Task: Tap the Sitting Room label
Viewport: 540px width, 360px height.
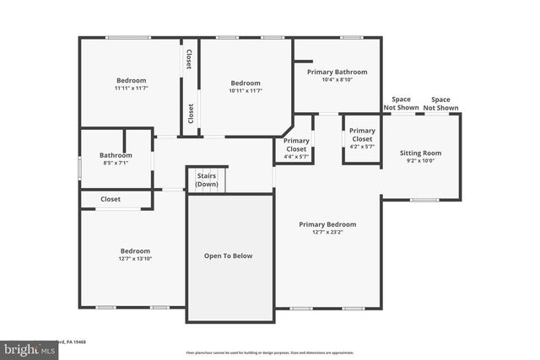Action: click(420, 153)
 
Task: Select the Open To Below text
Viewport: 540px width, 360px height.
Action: click(229, 255)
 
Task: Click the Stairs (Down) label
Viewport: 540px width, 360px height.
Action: click(207, 180)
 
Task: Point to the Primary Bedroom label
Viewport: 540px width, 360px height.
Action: click(327, 224)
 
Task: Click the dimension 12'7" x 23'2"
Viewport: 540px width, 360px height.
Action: click(327, 234)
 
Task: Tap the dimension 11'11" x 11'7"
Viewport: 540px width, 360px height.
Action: click(131, 89)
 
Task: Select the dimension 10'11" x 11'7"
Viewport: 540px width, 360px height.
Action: click(246, 91)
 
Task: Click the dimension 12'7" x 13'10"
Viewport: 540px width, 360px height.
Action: click(134, 260)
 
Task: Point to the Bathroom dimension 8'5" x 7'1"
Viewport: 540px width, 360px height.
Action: click(116, 164)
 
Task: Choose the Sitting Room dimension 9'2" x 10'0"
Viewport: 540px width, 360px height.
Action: click(420, 162)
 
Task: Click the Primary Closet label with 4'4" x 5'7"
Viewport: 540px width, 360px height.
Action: click(295, 144)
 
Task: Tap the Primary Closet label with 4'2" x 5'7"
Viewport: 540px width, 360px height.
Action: click(362, 135)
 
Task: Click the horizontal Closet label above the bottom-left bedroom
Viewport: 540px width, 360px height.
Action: click(111, 200)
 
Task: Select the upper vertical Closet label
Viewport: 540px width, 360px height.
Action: click(190, 59)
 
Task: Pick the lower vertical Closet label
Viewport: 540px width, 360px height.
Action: click(190, 113)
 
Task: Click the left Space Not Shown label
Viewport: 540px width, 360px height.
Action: click(401, 104)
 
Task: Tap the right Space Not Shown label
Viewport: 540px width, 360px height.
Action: click(440, 104)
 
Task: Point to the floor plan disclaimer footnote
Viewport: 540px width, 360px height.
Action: click(269, 352)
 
